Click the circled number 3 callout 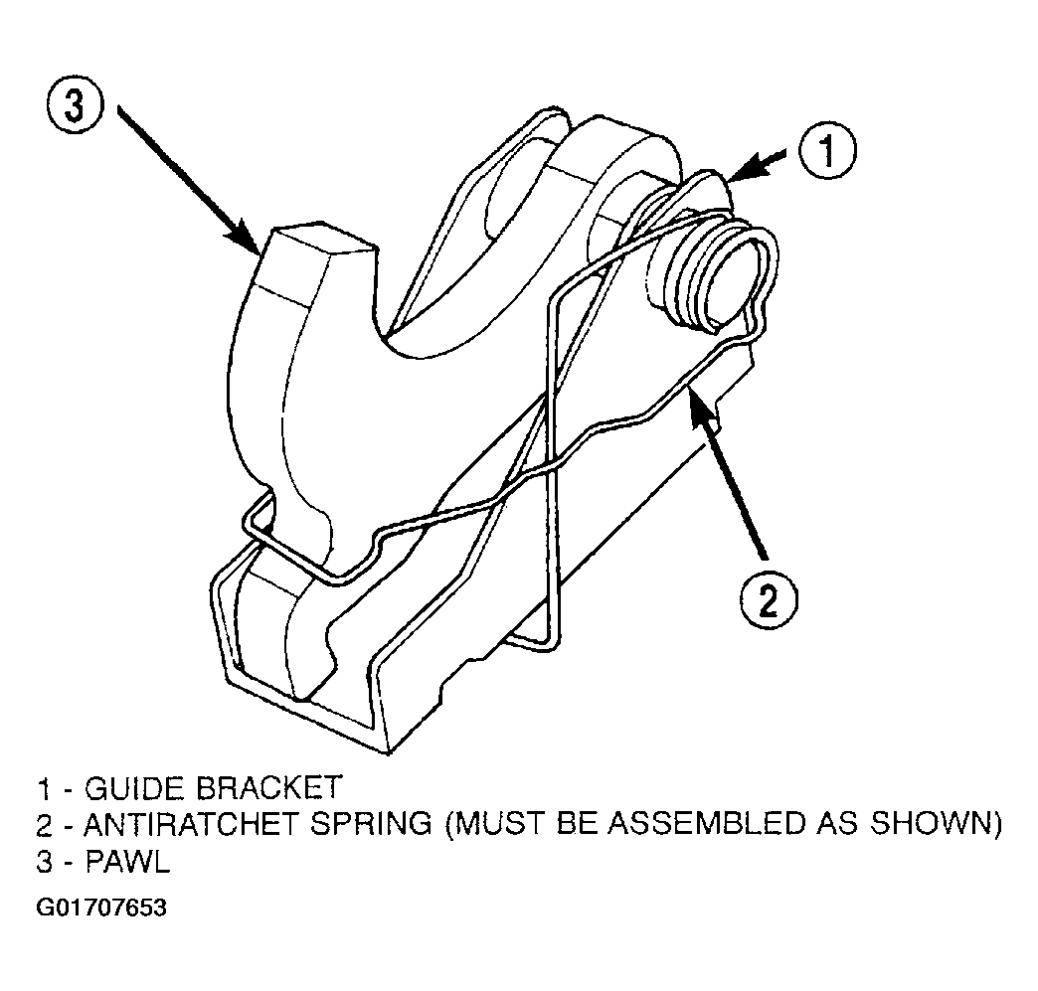75,106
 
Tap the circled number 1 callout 827,151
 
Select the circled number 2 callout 769,599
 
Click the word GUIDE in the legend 136,788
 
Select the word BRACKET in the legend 268,788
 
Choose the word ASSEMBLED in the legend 706,824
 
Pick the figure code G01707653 101,907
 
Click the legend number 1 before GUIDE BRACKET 44,788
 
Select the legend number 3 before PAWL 45,861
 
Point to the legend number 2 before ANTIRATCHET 45,824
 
